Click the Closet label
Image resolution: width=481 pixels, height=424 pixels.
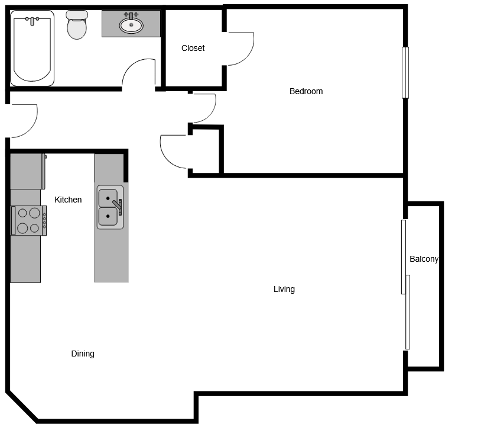193,48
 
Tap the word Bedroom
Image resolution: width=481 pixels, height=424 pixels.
306,91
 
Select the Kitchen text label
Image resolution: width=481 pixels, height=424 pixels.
68,200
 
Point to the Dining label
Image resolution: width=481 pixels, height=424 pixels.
83,354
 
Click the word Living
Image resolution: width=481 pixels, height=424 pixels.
284,289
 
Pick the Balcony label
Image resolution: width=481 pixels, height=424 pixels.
424,259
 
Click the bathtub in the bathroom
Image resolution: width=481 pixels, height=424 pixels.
32,49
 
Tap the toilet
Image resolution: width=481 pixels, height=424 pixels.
77,25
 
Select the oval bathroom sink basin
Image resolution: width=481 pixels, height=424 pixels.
131,25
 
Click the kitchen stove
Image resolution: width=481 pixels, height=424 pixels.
29,221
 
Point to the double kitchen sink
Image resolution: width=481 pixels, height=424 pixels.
110,207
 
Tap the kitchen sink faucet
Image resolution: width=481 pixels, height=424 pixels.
118,206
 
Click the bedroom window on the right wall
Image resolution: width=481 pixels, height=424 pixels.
405,73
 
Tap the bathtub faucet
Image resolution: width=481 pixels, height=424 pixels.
32,21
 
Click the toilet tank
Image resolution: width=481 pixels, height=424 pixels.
77,14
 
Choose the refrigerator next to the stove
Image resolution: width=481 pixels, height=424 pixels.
28,172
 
